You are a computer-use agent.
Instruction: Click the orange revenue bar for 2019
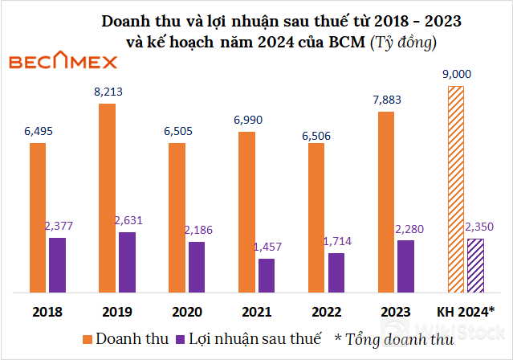tap(108, 198)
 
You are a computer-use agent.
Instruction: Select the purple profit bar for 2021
tap(267, 275)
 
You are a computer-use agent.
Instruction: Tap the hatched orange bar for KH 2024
tap(457, 188)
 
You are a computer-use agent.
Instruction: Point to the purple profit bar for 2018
tap(57, 264)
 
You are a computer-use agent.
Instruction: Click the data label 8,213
tap(108, 92)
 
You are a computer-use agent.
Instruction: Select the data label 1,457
tap(267, 247)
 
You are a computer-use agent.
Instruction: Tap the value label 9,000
tap(456, 74)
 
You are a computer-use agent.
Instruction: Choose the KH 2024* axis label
tap(465, 311)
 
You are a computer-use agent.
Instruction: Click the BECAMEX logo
tap(62, 62)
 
